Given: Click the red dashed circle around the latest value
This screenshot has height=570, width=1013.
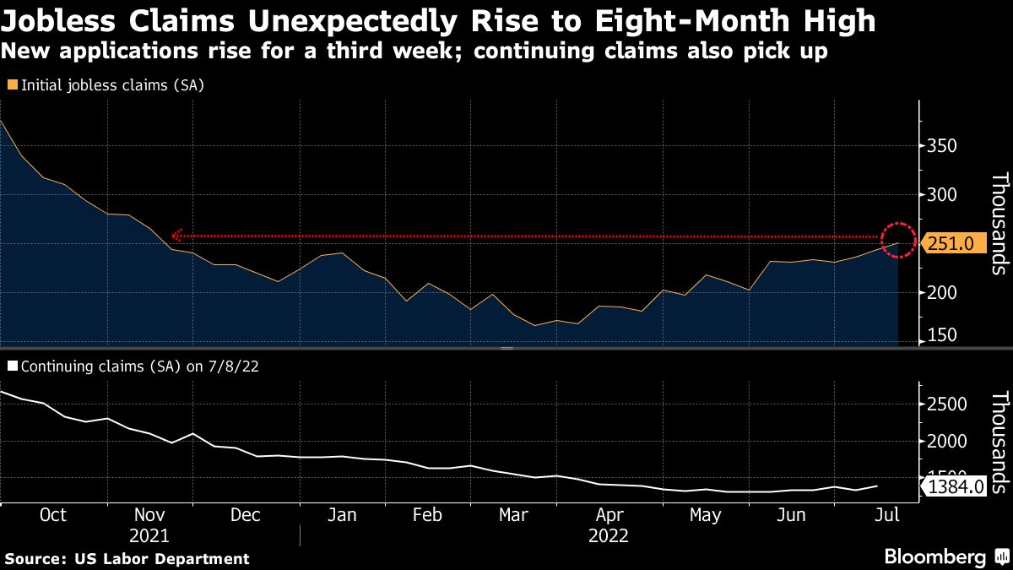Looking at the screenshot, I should pyautogui.click(x=897, y=240).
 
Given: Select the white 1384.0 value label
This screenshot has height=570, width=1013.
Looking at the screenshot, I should pyautogui.click(x=955, y=486).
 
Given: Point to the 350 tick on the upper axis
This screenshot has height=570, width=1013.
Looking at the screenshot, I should pyautogui.click(x=940, y=147).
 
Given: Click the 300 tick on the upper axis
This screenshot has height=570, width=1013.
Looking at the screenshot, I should pyautogui.click(x=940, y=195).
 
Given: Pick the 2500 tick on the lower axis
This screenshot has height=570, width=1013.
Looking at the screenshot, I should pyautogui.click(x=945, y=404).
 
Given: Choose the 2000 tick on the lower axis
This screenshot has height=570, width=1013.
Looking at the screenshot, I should pyautogui.click(x=945, y=442).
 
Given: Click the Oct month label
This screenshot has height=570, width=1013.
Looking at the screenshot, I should pyautogui.click(x=53, y=515).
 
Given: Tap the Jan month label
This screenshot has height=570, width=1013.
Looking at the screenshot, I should pyautogui.click(x=341, y=515).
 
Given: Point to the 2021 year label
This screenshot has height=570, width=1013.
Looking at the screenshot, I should pyautogui.click(x=149, y=535).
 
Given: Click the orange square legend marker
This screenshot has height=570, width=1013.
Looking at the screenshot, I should pyautogui.click(x=12, y=85).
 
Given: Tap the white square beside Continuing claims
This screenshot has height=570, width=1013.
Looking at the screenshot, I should pyautogui.click(x=12, y=366).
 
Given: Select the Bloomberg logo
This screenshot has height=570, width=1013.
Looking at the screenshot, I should pyautogui.click(x=945, y=557).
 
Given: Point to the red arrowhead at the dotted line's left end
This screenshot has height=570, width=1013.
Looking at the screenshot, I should pyautogui.click(x=176, y=236).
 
